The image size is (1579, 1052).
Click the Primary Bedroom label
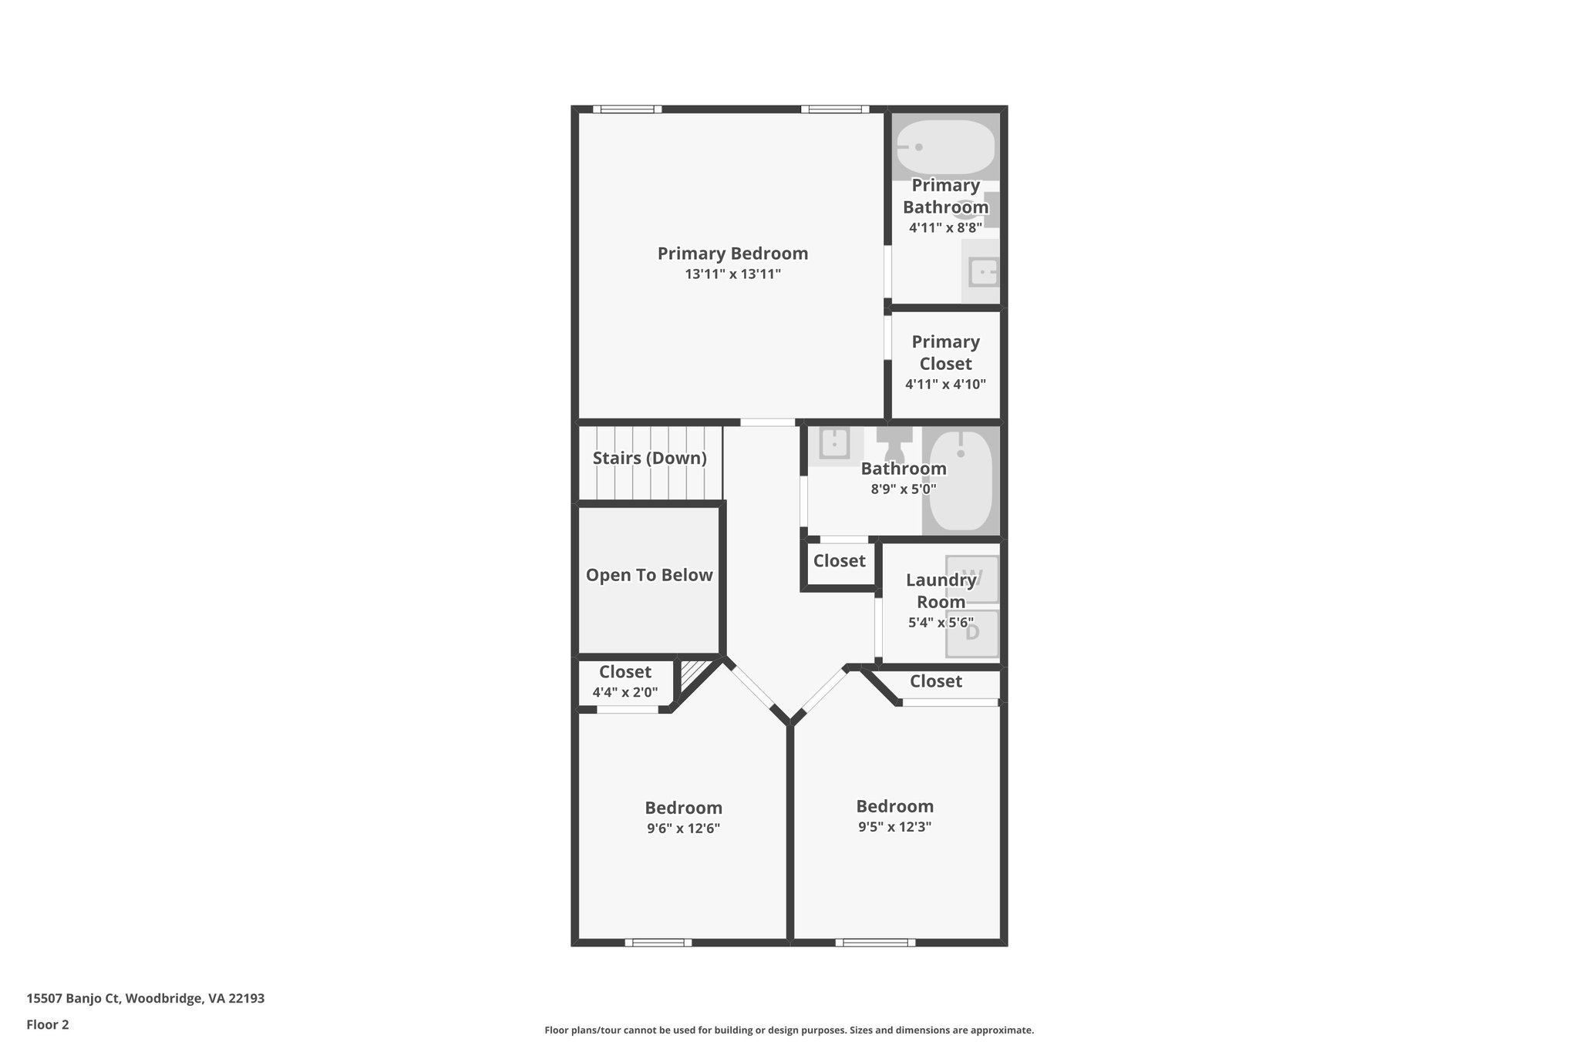click(732, 254)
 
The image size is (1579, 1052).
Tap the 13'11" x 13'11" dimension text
click(732, 274)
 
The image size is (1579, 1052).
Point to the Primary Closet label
click(945, 352)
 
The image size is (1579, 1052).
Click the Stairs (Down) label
click(649, 459)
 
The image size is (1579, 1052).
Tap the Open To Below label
click(649, 575)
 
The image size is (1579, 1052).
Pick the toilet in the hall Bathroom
click(894, 442)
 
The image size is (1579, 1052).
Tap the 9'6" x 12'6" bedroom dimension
click(683, 828)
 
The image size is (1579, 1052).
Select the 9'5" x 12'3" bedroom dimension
click(894, 827)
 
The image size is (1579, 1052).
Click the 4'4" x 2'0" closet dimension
click(625, 692)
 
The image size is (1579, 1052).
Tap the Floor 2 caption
click(48, 1024)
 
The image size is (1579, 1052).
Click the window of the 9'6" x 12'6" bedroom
click(658, 943)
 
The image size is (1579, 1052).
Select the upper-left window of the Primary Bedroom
click(627, 109)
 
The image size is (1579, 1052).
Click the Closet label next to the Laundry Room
click(839, 561)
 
